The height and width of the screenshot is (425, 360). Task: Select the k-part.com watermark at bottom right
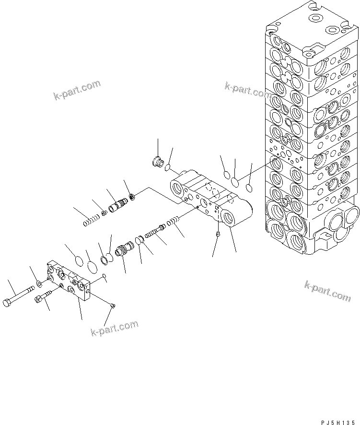click(x=327, y=291)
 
